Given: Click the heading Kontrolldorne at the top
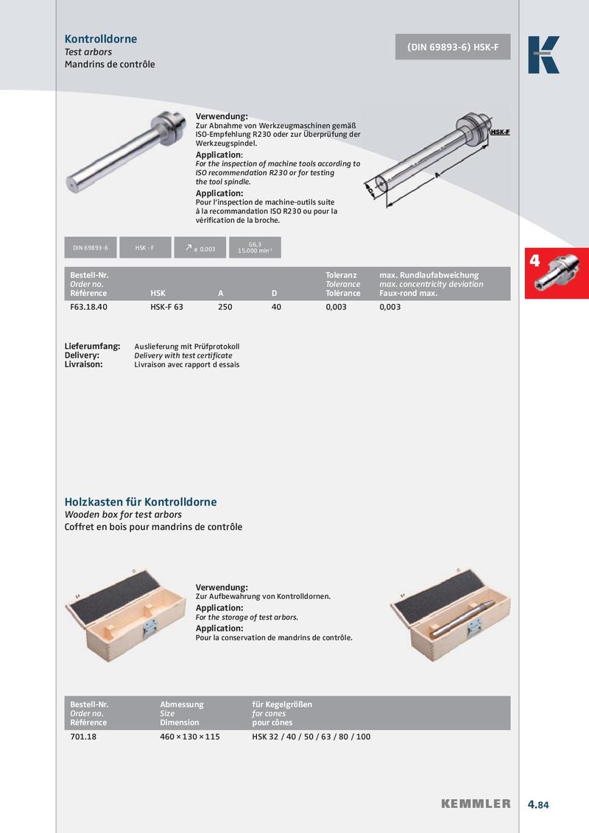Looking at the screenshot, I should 101,39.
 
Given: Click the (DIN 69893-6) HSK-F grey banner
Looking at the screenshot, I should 453,46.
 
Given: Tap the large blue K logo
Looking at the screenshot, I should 543,55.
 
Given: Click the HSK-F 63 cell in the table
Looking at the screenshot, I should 166,307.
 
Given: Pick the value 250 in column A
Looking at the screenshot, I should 225,307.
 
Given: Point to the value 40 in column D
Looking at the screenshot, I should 277,307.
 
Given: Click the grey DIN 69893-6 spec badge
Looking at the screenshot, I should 90,248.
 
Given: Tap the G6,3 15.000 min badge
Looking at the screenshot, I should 255,248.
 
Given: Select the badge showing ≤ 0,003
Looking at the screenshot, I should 200,248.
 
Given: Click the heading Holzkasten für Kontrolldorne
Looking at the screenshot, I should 141,502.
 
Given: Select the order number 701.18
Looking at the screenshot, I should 83,737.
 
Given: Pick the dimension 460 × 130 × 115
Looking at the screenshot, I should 190,737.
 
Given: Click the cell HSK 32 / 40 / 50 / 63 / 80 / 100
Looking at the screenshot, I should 311,737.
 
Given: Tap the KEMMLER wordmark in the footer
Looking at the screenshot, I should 476,804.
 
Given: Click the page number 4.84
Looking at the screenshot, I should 538,804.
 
